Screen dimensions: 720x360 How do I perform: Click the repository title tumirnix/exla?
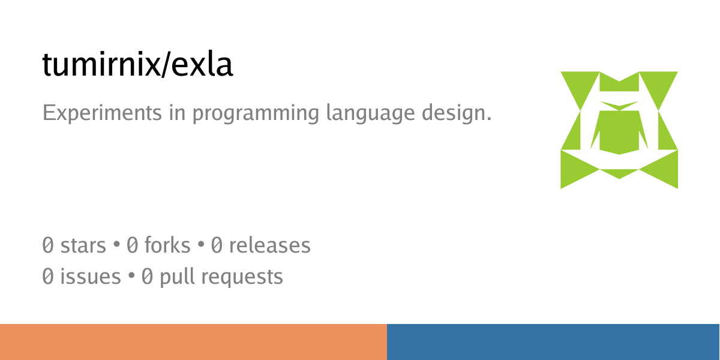click(137, 64)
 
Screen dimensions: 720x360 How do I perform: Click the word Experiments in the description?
click(102, 113)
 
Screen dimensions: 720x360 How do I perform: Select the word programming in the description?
click(256, 113)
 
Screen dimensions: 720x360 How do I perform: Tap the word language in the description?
click(370, 113)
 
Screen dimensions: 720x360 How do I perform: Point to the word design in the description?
click(457, 113)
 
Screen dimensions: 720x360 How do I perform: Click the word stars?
click(83, 245)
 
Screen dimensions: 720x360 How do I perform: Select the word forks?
click(167, 245)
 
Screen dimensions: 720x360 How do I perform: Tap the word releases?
click(269, 245)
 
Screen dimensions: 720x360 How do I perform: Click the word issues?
click(91, 277)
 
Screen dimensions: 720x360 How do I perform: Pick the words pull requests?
click(221, 277)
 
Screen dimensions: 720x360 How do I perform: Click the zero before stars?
click(48, 245)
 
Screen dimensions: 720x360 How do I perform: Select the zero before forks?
click(132, 245)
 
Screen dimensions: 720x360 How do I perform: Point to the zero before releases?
click(217, 245)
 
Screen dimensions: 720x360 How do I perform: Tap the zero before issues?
click(48, 277)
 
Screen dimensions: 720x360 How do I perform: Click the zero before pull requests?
click(147, 277)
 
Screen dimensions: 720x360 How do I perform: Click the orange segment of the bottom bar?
click(193, 342)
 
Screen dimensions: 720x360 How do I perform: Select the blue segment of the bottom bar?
click(553, 342)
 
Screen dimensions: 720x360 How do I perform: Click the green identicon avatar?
click(619, 130)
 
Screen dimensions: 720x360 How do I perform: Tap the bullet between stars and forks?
click(116, 244)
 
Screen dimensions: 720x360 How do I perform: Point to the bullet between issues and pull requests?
click(131, 276)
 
